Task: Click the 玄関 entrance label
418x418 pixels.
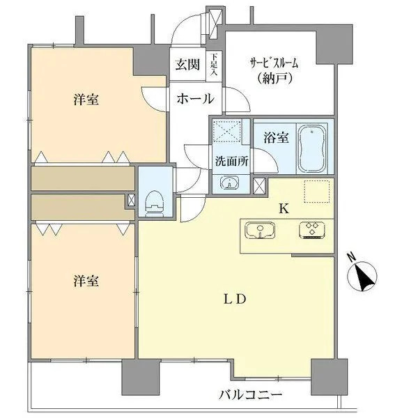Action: pyautogui.click(x=187, y=65)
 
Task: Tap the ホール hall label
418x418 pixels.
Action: pyautogui.click(x=194, y=99)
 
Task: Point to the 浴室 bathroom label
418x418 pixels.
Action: pyautogui.click(x=275, y=138)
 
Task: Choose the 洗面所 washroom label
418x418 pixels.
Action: pyautogui.click(x=231, y=160)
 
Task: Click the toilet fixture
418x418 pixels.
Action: pyautogui.click(x=153, y=201)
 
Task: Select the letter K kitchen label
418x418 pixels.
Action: pyautogui.click(x=284, y=208)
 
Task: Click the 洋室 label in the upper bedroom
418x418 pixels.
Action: pyautogui.click(x=86, y=100)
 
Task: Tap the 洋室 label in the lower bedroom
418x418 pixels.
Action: pyautogui.click(x=86, y=281)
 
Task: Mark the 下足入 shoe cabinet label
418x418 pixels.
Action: pyautogui.click(x=215, y=64)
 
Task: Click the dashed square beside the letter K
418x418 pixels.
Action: pyautogui.click(x=316, y=190)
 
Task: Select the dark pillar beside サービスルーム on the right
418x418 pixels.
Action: pyautogui.click(x=328, y=47)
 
